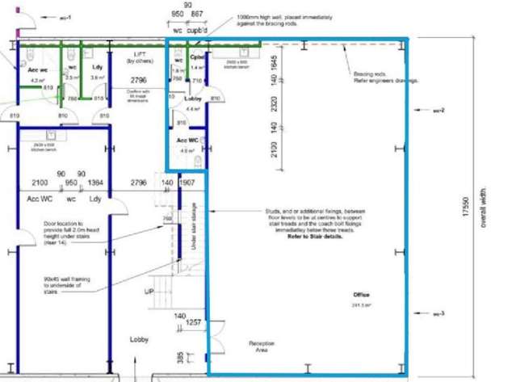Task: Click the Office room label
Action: click(361, 295)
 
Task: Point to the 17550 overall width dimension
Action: click(464, 209)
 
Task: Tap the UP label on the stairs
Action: click(148, 292)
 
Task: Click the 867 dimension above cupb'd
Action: click(197, 15)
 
